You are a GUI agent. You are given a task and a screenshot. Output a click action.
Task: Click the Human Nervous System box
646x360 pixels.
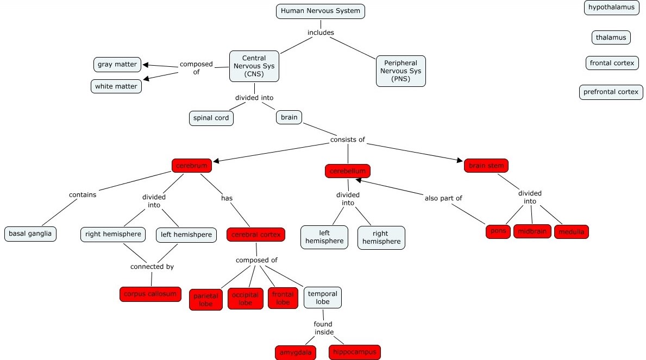coord(320,11)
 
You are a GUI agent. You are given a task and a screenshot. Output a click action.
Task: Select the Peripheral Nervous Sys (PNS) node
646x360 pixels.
coord(400,71)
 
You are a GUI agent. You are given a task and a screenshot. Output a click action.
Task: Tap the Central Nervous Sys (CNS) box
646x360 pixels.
coord(254,66)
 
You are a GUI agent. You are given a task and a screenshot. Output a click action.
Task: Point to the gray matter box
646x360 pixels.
coord(117,65)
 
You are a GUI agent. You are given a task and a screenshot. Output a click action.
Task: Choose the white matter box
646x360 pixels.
coord(116,86)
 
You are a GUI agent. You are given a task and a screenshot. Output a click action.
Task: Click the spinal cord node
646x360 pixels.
coord(211,118)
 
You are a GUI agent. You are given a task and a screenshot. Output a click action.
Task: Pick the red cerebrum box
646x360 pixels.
coord(191,166)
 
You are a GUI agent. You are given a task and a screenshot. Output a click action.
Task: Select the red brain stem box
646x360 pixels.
coord(486,166)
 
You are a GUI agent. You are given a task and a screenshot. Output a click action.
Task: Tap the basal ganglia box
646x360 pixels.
coord(30,234)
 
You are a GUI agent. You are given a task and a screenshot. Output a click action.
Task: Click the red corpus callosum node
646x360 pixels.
coord(150,294)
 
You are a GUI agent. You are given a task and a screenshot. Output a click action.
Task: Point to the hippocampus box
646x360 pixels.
coord(354,352)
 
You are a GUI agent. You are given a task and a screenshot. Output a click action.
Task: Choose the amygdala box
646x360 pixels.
coord(296,352)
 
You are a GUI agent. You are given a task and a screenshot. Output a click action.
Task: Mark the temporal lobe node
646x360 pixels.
coord(323,298)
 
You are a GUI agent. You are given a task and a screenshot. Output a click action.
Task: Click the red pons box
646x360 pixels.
coord(498,231)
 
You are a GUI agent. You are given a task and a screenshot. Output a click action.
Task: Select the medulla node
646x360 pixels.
coord(571,232)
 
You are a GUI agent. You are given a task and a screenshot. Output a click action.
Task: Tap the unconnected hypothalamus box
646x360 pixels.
coord(611,8)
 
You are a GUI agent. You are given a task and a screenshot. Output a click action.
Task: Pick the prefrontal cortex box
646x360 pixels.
coord(611,92)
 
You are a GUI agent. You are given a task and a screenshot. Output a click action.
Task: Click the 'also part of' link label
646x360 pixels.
coord(443,198)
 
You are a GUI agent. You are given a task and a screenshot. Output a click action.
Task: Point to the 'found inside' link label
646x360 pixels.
coord(324,328)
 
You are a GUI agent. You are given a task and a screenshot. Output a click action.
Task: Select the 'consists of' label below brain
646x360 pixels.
coord(348,140)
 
